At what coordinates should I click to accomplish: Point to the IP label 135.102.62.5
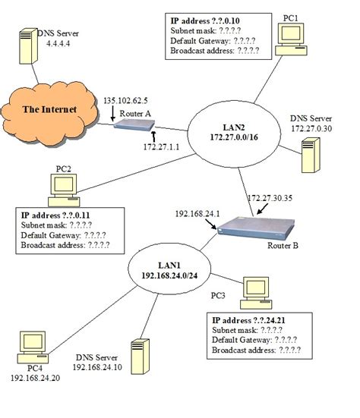pyautogui.click(x=128, y=99)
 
